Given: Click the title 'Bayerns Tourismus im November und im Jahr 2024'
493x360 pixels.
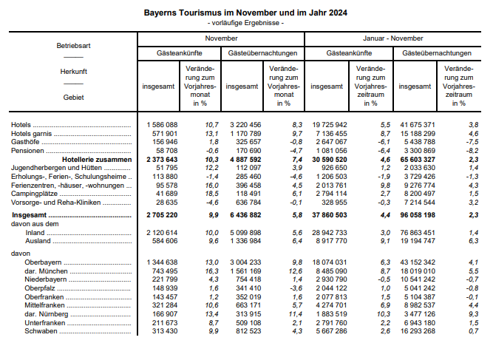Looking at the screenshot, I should click(246, 13).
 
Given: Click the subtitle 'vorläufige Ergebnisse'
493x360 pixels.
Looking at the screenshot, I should click(246, 24).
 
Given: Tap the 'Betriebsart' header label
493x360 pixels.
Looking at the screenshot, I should click(73, 46).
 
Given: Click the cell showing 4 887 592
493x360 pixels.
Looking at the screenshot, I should click(245, 159).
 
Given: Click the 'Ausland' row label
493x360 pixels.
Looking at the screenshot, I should click(38, 240).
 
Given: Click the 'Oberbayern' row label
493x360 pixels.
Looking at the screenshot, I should click(44, 262).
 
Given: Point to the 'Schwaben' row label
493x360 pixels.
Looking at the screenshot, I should click(41, 331).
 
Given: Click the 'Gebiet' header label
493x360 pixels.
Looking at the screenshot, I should click(73, 97).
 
